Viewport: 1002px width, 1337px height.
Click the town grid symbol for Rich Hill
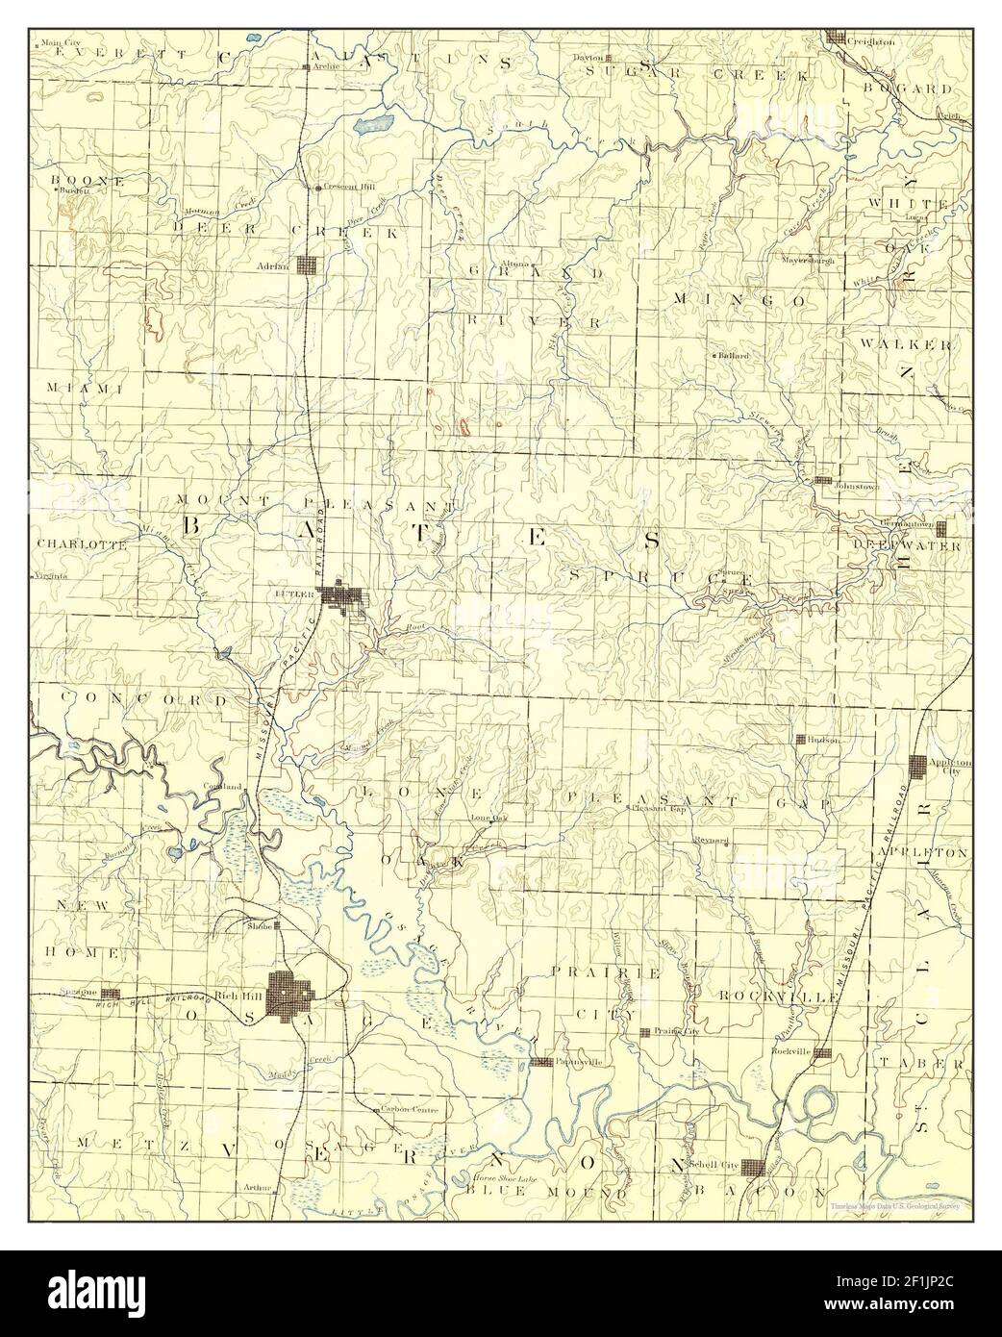coord(289,991)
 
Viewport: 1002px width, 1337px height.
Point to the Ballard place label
coord(734,355)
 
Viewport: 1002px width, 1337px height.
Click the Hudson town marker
coord(800,739)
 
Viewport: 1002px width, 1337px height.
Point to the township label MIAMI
coord(85,388)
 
